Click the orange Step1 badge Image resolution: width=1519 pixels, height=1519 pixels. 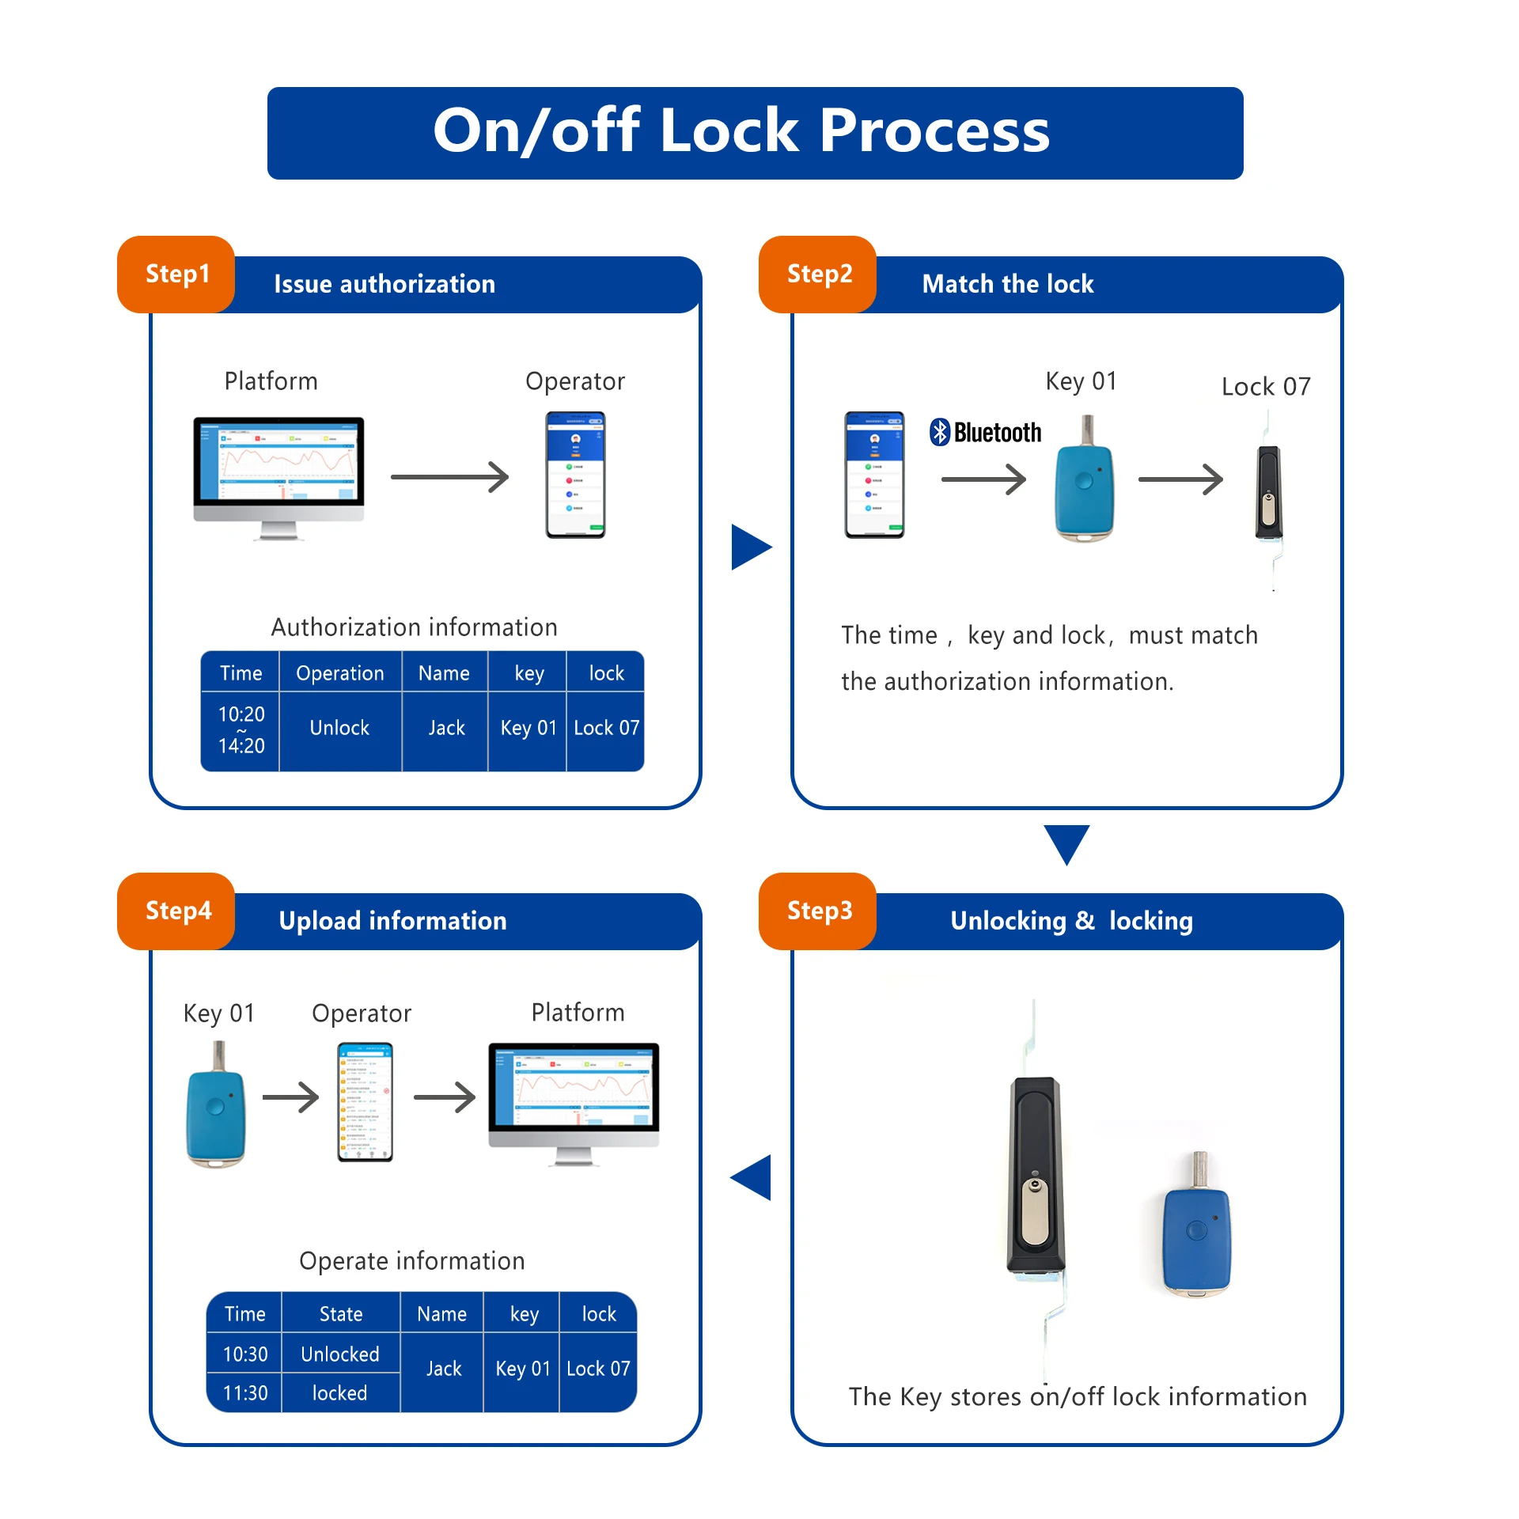(x=176, y=275)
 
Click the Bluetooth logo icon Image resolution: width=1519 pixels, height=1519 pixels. (x=939, y=432)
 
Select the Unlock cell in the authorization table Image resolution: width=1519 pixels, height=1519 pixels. (x=339, y=729)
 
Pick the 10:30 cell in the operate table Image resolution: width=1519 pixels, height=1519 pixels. (x=244, y=1354)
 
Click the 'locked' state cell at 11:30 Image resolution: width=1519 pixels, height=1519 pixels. (x=339, y=1393)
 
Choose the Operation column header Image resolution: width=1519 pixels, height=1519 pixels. (x=339, y=673)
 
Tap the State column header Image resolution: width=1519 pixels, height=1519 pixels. (x=341, y=1314)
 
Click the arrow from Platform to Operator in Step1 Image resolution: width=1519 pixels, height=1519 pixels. (x=449, y=477)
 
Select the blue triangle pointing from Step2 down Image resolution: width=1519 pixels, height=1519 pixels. (x=1066, y=843)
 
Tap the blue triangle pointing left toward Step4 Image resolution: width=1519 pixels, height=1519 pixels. (x=752, y=1177)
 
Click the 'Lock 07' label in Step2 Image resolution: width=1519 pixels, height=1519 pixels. (x=1265, y=387)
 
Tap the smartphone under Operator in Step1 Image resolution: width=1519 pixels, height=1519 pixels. (x=575, y=475)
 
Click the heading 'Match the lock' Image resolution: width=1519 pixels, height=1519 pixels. (x=1007, y=284)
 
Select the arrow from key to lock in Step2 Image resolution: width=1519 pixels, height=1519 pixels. (x=1180, y=479)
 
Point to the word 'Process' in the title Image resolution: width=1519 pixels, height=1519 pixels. (x=934, y=131)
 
